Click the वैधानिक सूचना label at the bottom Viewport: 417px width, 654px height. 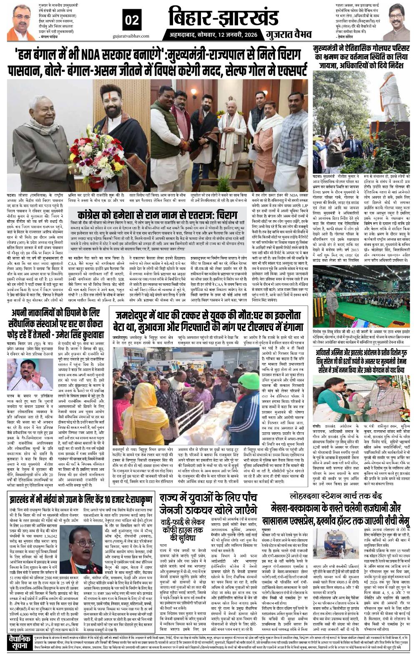coord(19,641)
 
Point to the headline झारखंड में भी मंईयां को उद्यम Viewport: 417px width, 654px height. coord(79,500)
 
